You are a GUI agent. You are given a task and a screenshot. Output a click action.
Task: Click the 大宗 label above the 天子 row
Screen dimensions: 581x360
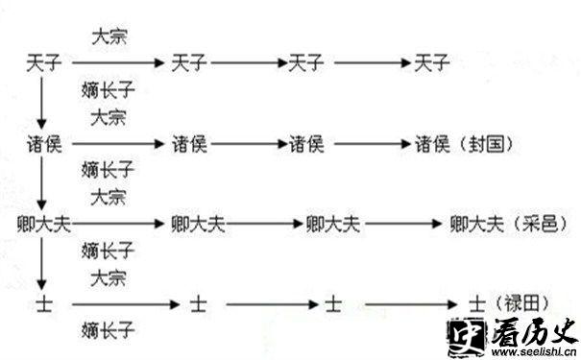[108, 38]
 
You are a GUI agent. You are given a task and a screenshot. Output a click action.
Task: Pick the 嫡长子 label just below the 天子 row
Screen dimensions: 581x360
[108, 91]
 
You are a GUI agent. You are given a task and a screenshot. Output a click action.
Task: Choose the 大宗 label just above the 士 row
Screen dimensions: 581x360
[108, 279]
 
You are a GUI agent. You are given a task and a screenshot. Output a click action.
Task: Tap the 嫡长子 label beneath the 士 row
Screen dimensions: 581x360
[108, 331]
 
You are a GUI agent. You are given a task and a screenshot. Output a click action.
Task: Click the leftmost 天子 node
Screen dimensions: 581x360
[42, 64]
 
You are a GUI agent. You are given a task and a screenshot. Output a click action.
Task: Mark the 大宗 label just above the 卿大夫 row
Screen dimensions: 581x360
[108, 198]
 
